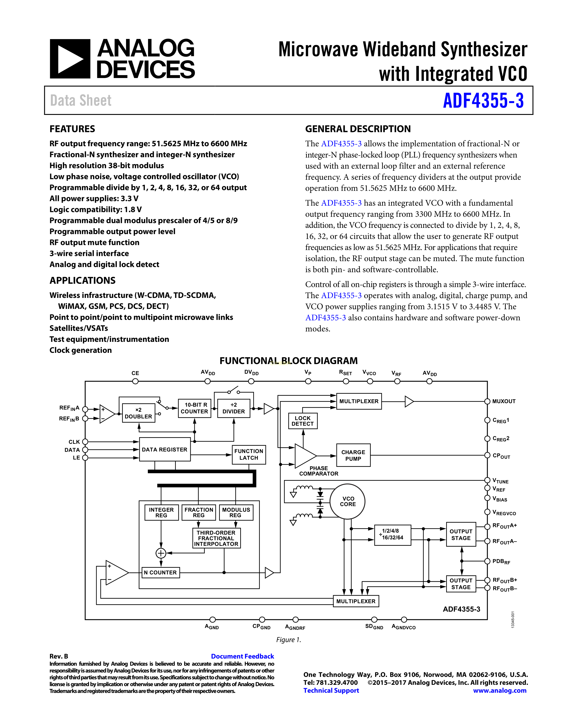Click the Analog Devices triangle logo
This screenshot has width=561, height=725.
(x=70, y=59)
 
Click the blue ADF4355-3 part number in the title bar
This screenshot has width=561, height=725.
(x=483, y=101)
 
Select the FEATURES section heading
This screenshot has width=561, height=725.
(x=72, y=129)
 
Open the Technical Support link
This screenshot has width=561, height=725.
(x=331, y=691)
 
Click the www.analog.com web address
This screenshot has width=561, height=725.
(x=500, y=691)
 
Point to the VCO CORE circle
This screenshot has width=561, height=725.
(x=347, y=501)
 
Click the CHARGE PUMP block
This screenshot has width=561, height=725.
(x=353, y=455)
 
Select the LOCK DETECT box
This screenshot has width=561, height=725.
(x=302, y=421)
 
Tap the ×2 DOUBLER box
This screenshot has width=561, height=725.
(x=139, y=413)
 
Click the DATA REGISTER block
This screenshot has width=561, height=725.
(x=165, y=449)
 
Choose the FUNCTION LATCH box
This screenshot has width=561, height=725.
(x=249, y=455)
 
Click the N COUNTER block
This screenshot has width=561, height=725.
(x=161, y=572)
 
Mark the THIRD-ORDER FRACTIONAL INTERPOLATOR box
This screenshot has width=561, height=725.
(x=216, y=538)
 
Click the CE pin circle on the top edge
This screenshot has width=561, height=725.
(x=135, y=381)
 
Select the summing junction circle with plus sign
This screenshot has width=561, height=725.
(x=161, y=553)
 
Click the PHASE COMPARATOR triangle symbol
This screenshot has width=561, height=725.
(x=305, y=456)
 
